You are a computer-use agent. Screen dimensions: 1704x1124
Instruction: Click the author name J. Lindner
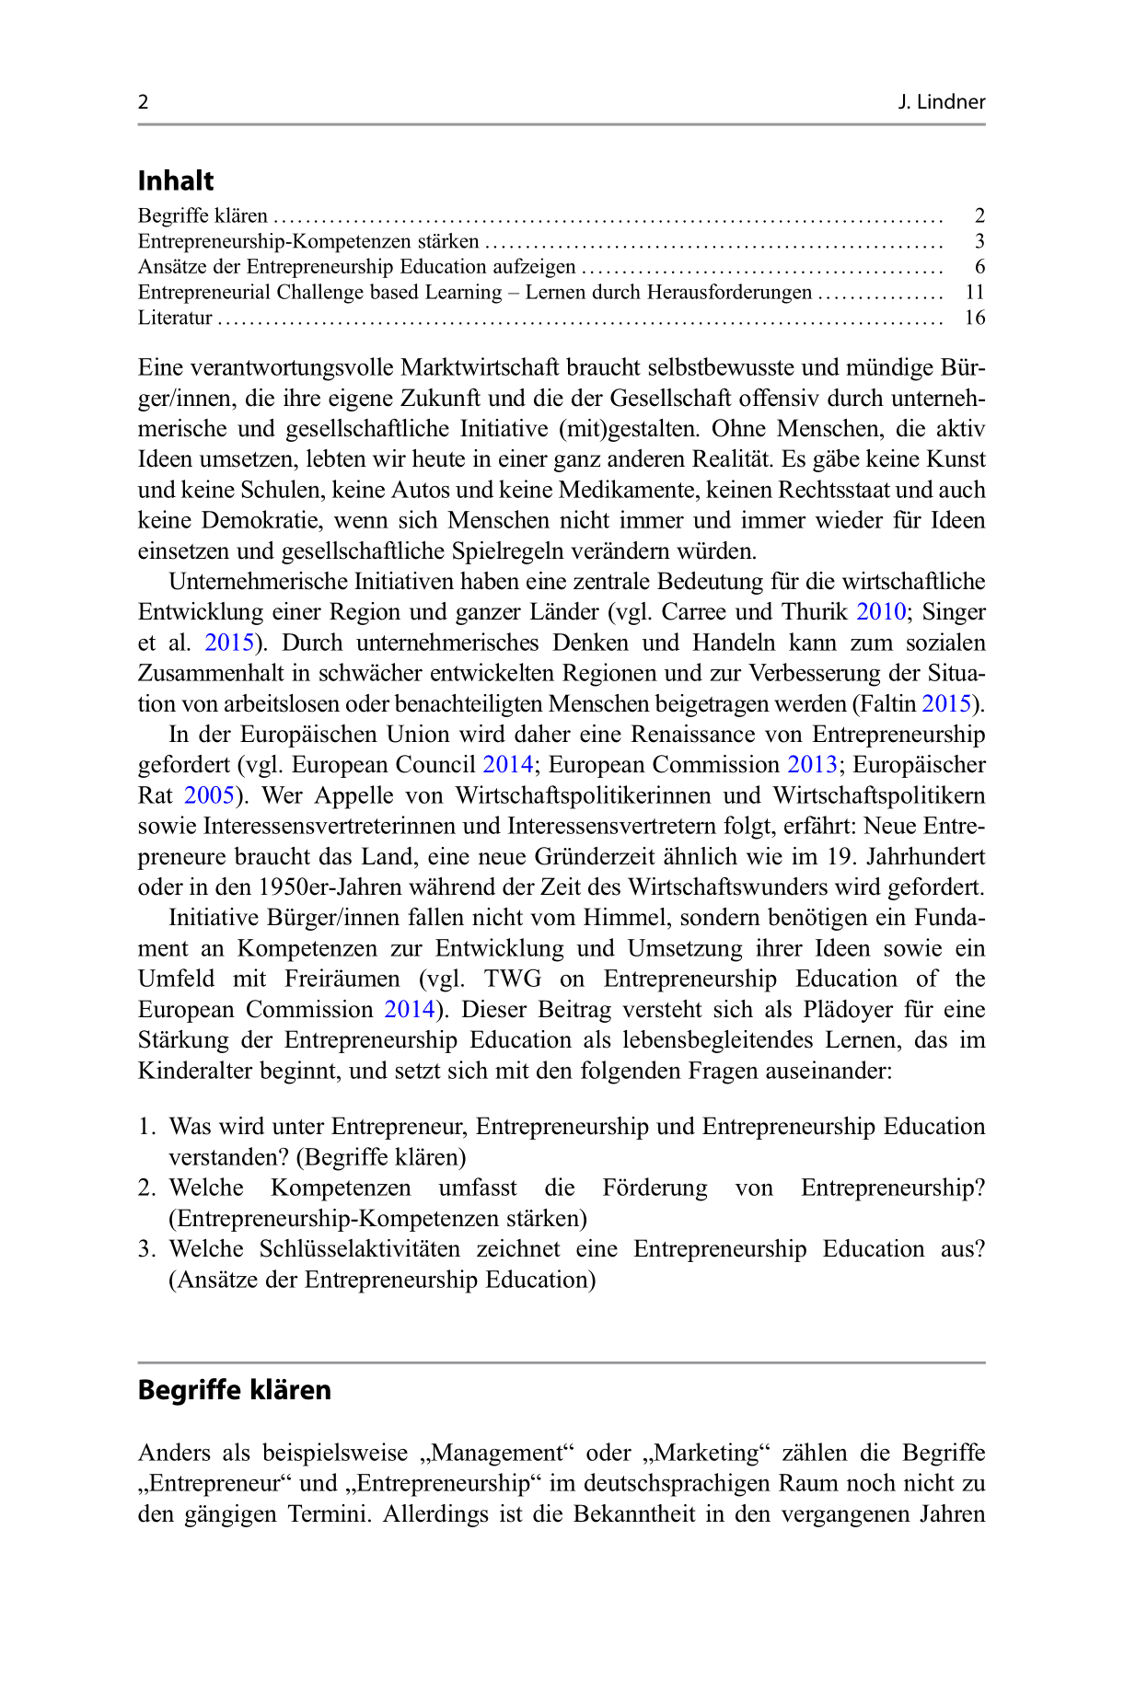point(941,102)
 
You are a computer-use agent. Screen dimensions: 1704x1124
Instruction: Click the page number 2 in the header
point(144,102)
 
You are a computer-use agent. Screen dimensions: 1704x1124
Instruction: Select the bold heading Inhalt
point(176,180)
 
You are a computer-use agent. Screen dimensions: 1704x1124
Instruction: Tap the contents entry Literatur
point(175,318)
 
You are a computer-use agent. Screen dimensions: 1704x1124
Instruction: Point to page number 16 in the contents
point(974,318)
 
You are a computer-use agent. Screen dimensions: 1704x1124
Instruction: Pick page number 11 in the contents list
point(975,292)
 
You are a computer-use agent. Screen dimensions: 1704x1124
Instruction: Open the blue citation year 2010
point(880,612)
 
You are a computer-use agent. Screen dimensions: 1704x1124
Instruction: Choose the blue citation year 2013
point(812,765)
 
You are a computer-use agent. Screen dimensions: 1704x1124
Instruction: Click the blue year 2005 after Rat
point(209,795)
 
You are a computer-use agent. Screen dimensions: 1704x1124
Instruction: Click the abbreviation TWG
point(513,979)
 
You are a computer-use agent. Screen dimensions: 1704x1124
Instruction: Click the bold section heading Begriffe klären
point(235,1390)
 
